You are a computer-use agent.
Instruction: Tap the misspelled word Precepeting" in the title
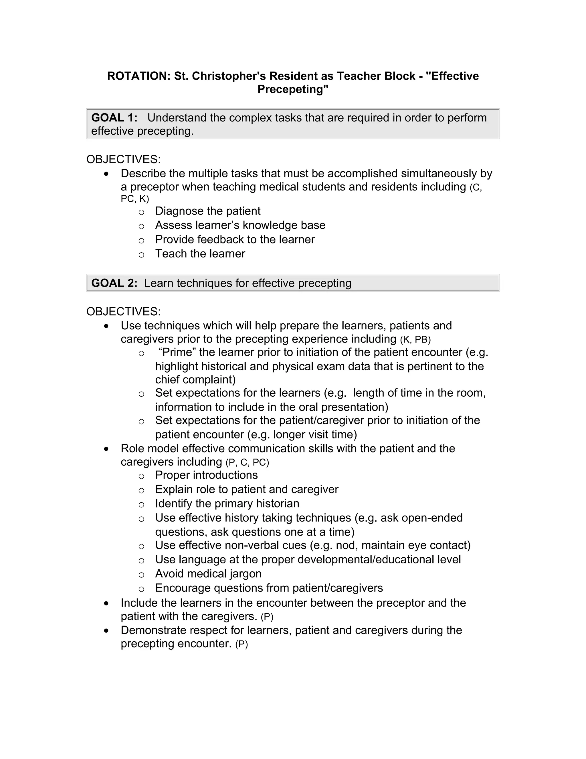coord(293,89)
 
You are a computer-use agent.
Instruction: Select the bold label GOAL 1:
coord(114,118)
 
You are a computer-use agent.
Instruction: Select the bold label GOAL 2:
coord(114,283)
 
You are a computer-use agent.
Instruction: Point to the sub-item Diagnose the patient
coord(208,211)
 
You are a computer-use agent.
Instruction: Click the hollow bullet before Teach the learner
coord(141,255)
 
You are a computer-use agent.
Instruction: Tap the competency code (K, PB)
coord(415,339)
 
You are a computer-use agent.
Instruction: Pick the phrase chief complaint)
coord(195,379)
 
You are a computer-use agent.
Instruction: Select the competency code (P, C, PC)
coord(247,463)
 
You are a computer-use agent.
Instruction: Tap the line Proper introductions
coord(206,475)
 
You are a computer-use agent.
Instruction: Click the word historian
coord(277,504)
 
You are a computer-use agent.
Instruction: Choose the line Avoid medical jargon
coord(208,574)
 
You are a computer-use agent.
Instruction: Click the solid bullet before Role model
coord(106,449)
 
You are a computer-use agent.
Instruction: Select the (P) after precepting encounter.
coord(241,645)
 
